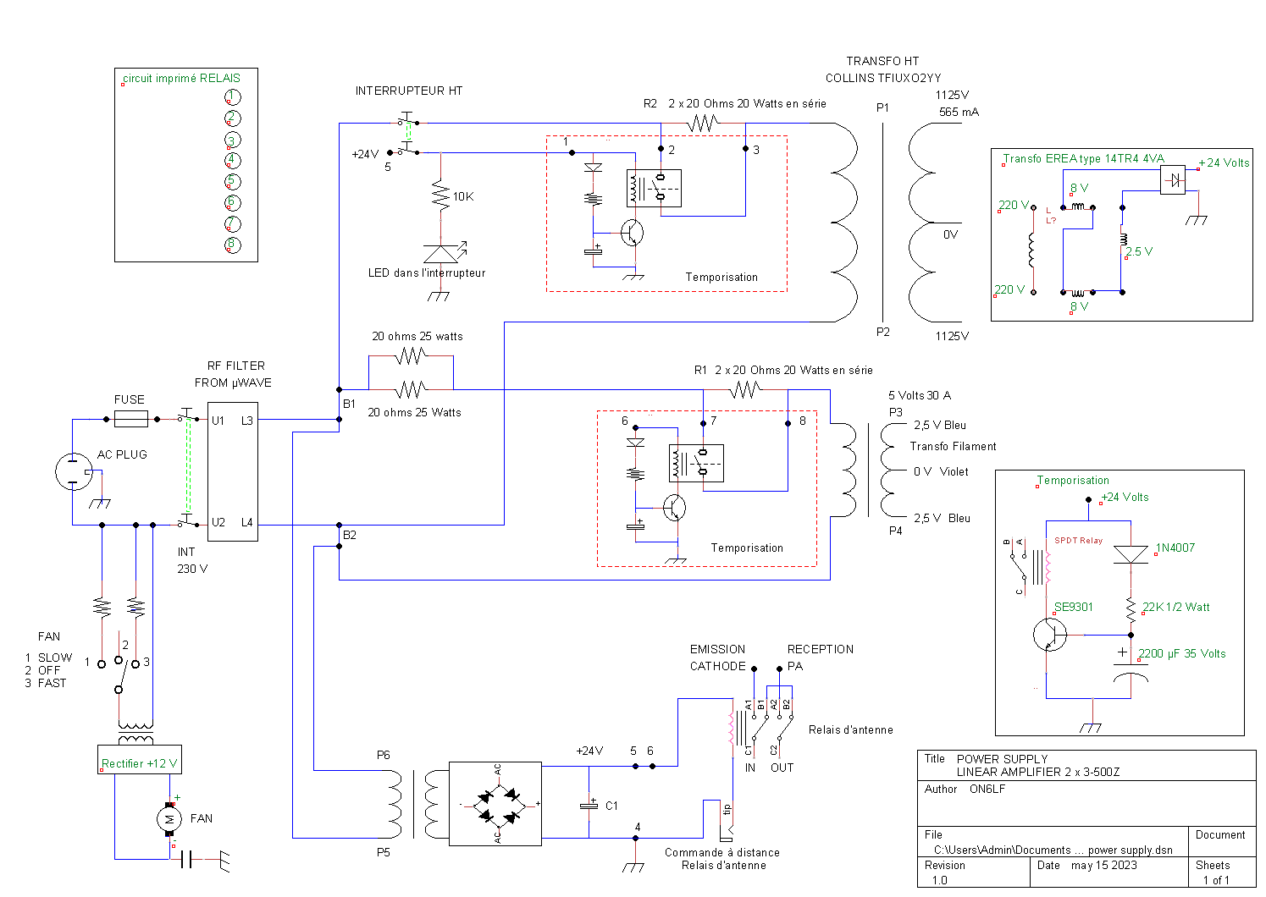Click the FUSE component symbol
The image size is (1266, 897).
[131, 419]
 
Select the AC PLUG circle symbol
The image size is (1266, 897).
[74, 471]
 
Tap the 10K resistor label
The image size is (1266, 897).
[463, 196]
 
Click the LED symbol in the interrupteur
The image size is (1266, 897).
[441, 254]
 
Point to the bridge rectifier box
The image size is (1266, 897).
[495, 804]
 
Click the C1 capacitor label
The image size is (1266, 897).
[611, 806]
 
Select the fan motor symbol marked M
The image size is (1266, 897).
[169, 818]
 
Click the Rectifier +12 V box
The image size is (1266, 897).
[140, 760]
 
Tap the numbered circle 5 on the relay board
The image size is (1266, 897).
[232, 181]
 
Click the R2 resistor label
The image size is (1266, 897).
[650, 103]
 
